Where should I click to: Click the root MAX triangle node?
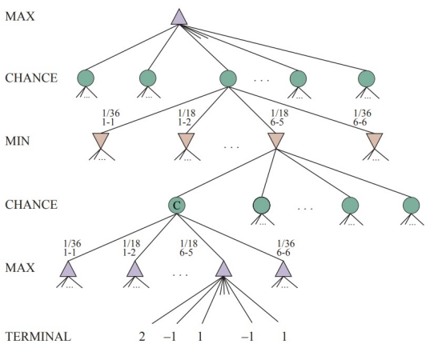click(x=179, y=18)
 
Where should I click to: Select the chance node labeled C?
click(x=177, y=206)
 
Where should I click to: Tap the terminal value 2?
click(x=142, y=337)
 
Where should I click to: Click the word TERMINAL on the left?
click(x=38, y=337)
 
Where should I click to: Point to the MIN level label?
click(x=17, y=141)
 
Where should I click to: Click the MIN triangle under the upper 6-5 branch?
click(x=276, y=140)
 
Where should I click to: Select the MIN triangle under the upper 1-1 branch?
click(x=100, y=140)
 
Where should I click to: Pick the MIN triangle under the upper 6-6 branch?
click(x=375, y=140)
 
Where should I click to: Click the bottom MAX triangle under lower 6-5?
click(x=223, y=270)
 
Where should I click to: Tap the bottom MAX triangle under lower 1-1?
click(x=68, y=270)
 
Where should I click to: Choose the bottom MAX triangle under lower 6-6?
click(x=283, y=270)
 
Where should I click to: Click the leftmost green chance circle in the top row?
click(x=86, y=78)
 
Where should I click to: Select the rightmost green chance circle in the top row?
click(x=367, y=78)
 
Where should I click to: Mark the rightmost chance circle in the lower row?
click(x=412, y=206)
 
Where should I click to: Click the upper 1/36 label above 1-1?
click(x=111, y=113)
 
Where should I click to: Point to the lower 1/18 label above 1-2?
click(x=131, y=243)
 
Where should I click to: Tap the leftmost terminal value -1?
click(x=170, y=337)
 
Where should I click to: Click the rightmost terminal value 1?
click(x=284, y=337)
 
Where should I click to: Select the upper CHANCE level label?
click(x=31, y=78)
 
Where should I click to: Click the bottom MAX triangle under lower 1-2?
click(x=135, y=270)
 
